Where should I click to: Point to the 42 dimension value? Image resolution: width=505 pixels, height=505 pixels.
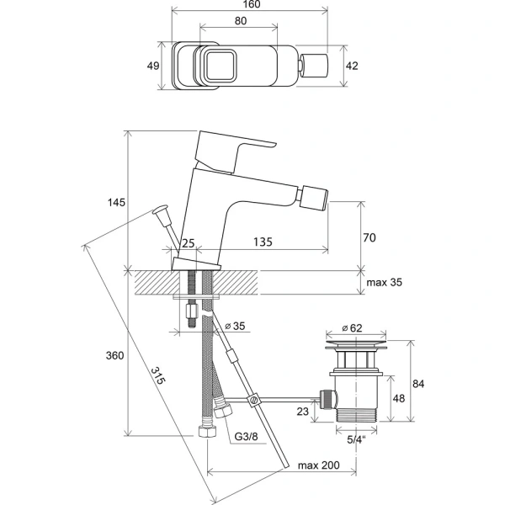tap(353, 64)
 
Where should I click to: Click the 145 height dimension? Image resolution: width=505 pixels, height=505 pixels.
tap(116, 202)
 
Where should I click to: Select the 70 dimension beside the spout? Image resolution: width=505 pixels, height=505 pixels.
tap(368, 238)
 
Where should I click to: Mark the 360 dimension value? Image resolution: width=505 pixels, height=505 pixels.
tap(115, 355)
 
